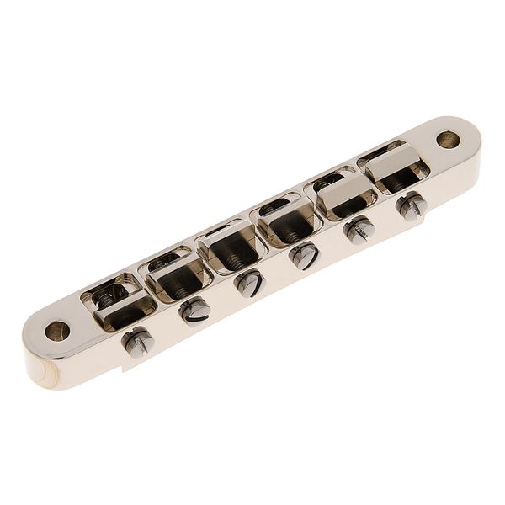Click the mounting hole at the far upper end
448,139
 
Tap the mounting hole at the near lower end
57,330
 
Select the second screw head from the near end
194,311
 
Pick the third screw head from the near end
249,284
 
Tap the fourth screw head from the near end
304,255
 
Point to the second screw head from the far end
359,228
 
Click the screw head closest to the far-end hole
411,205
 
